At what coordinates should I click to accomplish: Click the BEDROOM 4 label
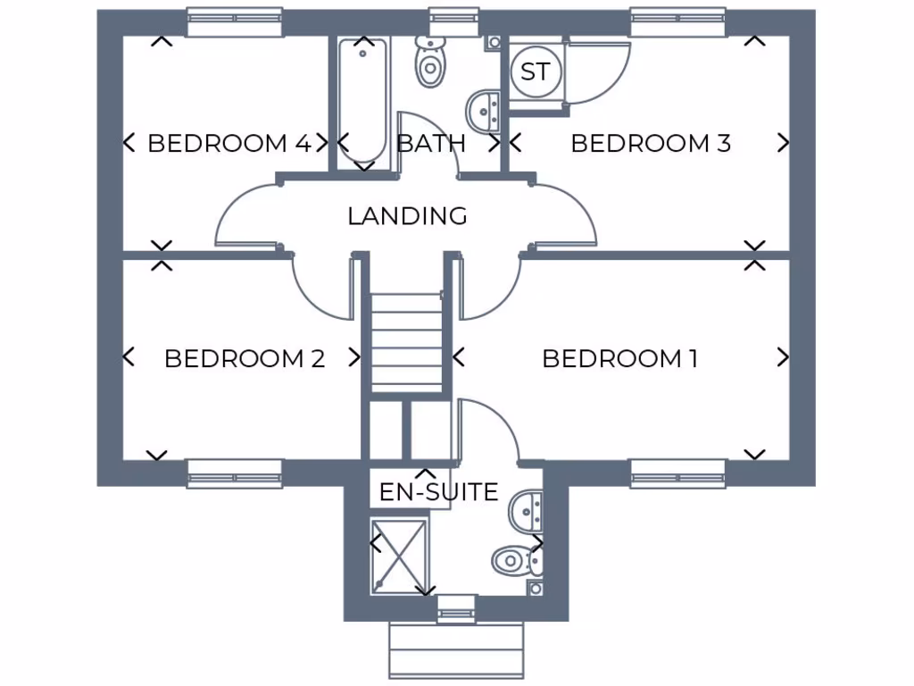[x=228, y=143]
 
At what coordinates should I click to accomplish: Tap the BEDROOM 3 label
[x=651, y=143]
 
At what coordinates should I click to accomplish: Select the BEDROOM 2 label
[x=245, y=359]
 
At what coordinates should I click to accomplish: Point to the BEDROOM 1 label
[x=619, y=359]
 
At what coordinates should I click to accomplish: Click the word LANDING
[x=407, y=216]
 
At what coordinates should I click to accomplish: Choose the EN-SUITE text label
[x=438, y=492]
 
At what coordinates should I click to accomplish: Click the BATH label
[x=431, y=143]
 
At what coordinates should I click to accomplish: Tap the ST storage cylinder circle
[x=536, y=72]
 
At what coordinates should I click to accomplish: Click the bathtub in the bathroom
[x=363, y=103]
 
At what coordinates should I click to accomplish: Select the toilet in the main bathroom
[x=430, y=62]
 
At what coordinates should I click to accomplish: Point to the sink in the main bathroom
[x=485, y=111]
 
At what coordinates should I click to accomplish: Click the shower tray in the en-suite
[x=397, y=555]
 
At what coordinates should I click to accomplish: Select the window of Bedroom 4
[x=235, y=22]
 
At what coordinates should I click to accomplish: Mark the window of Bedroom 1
[x=677, y=473]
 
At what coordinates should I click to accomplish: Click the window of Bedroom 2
[x=235, y=473]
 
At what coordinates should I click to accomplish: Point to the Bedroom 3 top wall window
[x=677, y=22]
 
